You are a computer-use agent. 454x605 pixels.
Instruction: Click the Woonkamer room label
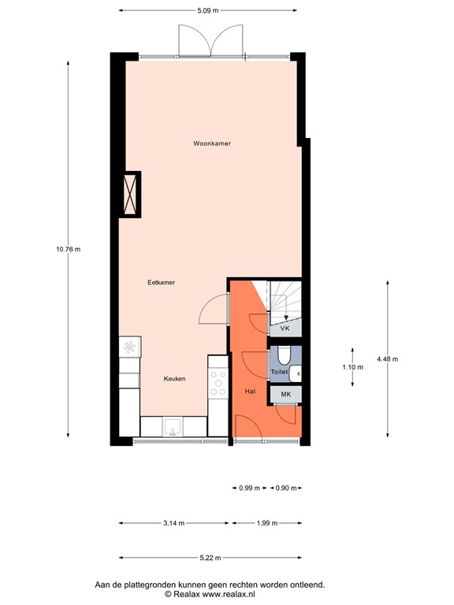pos(212,143)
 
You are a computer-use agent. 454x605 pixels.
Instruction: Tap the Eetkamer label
pos(161,282)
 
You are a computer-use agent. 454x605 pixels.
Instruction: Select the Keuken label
pos(174,379)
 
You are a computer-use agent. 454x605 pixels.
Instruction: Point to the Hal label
pos(251,390)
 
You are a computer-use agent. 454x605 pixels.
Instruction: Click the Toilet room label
pos(279,371)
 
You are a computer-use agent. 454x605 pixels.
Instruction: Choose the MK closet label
pos(286,394)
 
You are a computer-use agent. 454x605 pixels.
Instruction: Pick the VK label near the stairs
pos(285,327)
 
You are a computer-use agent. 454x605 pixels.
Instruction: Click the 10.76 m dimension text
pos(68,249)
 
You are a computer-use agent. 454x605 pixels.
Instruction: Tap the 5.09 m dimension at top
pos(208,11)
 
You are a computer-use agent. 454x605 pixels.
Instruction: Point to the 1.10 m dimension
pos(352,367)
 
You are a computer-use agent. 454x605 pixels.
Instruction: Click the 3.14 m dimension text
pos(174,523)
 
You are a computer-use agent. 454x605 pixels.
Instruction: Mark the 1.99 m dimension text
pos(267,523)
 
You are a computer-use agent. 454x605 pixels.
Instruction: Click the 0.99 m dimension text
pos(250,488)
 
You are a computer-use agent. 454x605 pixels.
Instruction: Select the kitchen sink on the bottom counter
pos(173,427)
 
